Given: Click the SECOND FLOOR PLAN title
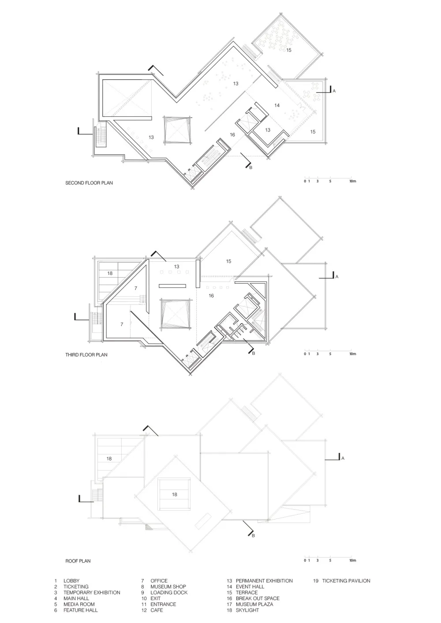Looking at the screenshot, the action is point(89,183).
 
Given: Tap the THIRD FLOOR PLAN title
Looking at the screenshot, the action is point(86,355).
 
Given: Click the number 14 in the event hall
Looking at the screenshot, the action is point(277,105).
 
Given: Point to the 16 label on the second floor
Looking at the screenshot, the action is point(232,135).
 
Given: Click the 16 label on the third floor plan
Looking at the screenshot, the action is point(211,296).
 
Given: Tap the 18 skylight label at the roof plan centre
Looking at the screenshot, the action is point(175,494).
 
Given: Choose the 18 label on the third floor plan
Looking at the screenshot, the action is point(110,274).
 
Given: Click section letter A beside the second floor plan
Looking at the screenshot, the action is point(334,91).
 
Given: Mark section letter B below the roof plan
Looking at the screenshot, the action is point(253,536).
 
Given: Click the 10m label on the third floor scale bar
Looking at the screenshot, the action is point(353,354).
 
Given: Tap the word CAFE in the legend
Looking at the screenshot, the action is point(157,610).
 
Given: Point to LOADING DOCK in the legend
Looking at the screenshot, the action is point(169,593).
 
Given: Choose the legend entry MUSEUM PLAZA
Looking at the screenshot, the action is point(254,604).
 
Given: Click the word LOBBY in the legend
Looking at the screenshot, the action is point(71,581).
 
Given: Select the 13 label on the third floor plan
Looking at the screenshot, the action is point(176,267).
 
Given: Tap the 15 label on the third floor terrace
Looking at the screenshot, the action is point(228,261).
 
